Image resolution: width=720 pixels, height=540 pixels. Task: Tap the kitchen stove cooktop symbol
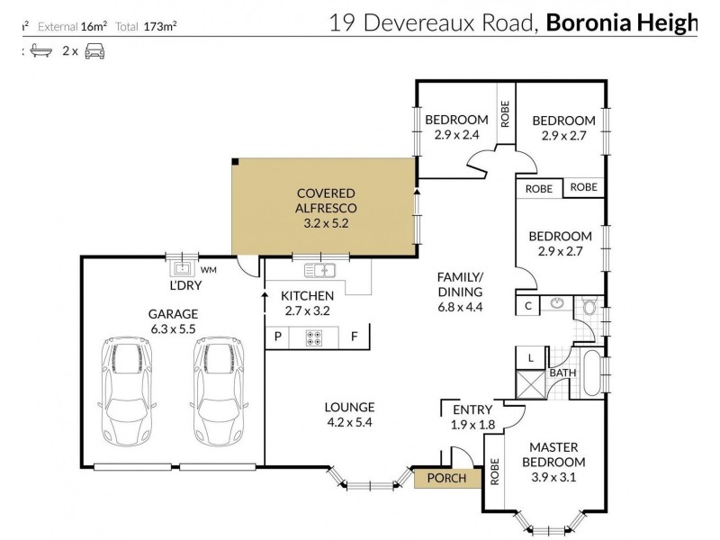tap(315, 337)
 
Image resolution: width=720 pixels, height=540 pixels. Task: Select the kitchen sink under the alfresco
tap(319, 268)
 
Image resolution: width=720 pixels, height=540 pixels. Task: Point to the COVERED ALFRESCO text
tap(325, 200)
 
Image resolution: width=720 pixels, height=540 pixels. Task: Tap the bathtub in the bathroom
tap(593, 373)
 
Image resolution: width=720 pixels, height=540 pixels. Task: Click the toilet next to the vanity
tap(589, 306)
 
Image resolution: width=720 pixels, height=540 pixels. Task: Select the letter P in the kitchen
tap(277, 337)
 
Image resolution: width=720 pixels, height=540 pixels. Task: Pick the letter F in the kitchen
tap(355, 337)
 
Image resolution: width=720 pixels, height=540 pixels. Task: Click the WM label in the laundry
tap(208, 268)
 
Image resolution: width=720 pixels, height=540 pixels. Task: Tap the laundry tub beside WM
tap(183, 267)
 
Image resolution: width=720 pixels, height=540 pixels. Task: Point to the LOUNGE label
tap(349, 407)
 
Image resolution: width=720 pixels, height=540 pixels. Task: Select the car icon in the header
tap(94, 51)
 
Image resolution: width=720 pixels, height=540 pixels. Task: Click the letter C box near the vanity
tap(528, 305)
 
